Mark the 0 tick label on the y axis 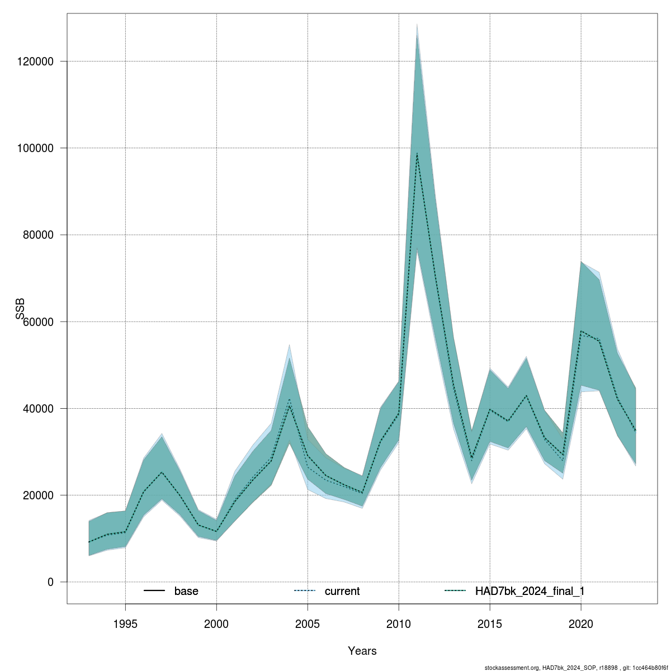tap(50, 582)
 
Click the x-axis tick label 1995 tap(125, 624)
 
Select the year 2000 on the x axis tap(216, 624)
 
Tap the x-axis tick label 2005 tap(308, 624)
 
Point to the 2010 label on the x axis tap(399, 624)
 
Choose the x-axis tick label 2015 tap(490, 624)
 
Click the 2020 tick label tap(581, 624)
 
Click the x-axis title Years tap(362, 651)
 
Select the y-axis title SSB tap(21, 309)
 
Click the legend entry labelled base tap(186, 591)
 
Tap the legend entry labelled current tap(342, 591)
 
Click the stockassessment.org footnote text tap(576, 668)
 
